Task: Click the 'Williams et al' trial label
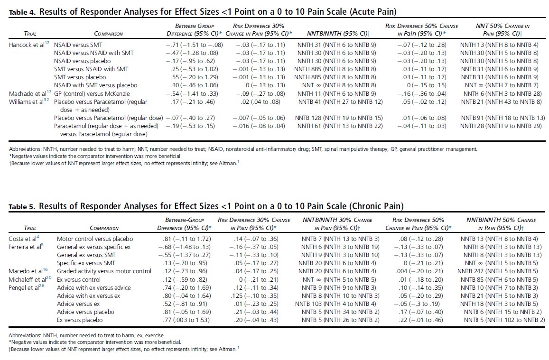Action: click(x=24, y=102)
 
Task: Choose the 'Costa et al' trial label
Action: click(x=20, y=239)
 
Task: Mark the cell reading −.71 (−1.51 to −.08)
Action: click(x=194, y=44)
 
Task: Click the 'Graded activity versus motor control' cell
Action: click(x=104, y=271)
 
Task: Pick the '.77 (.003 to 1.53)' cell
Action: click(x=189, y=320)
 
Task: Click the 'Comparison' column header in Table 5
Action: click(x=105, y=228)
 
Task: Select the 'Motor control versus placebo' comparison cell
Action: click(x=95, y=239)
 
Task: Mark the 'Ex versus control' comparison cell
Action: click(x=78, y=279)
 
